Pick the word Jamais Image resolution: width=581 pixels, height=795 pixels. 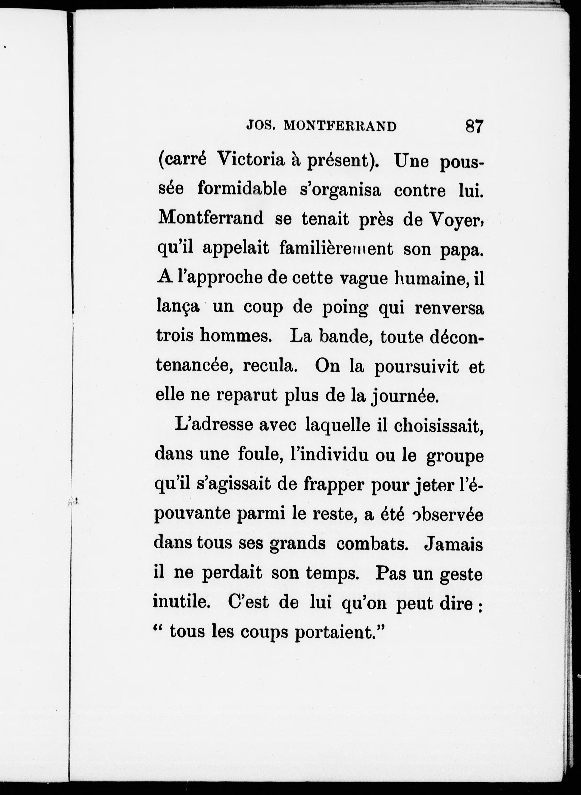pos(454,544)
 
